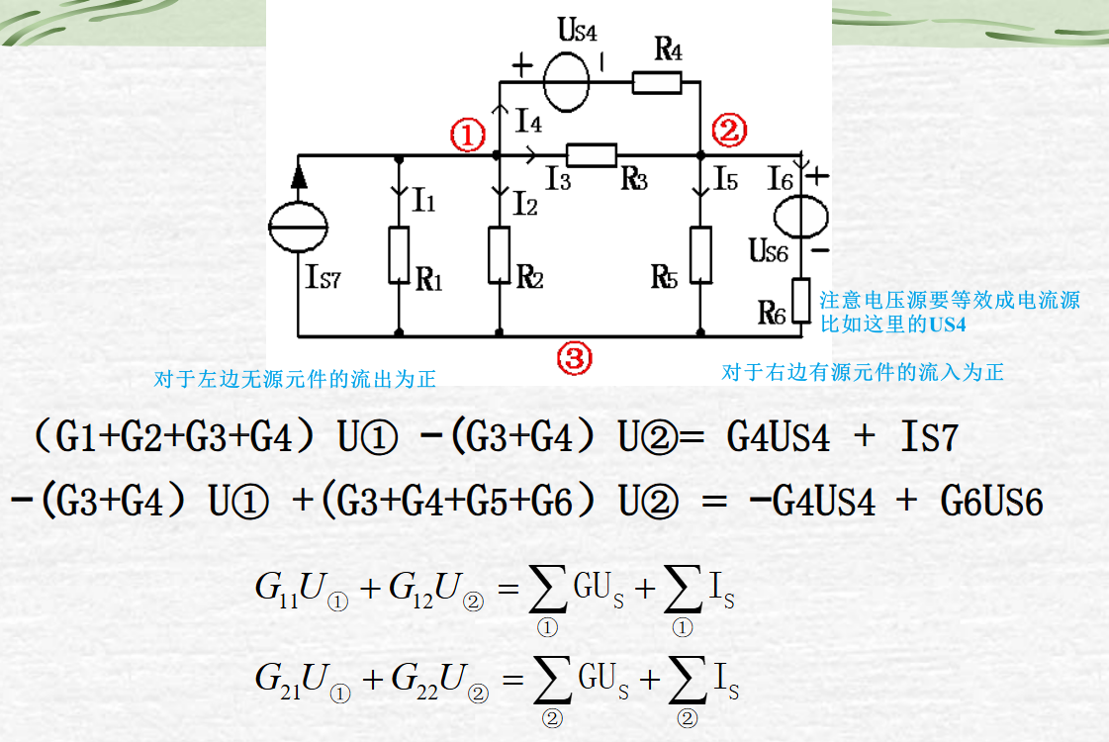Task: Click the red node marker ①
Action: click(x=467, y=134)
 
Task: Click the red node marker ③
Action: click(x=574, y=357)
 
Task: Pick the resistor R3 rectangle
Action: click(x=592, y=154)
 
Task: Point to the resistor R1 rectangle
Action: click(x=398, y=254)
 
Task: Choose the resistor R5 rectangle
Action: click(x=700, y=254)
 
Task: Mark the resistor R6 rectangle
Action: click(x=800, y=299)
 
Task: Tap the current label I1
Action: click(x=424, y=202)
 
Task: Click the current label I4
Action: click(x=528, y=122)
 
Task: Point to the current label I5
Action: click(x=725, y=180)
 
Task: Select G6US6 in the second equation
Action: click(x=990, y=502)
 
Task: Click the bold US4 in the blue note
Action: click(x=946, y=324)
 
